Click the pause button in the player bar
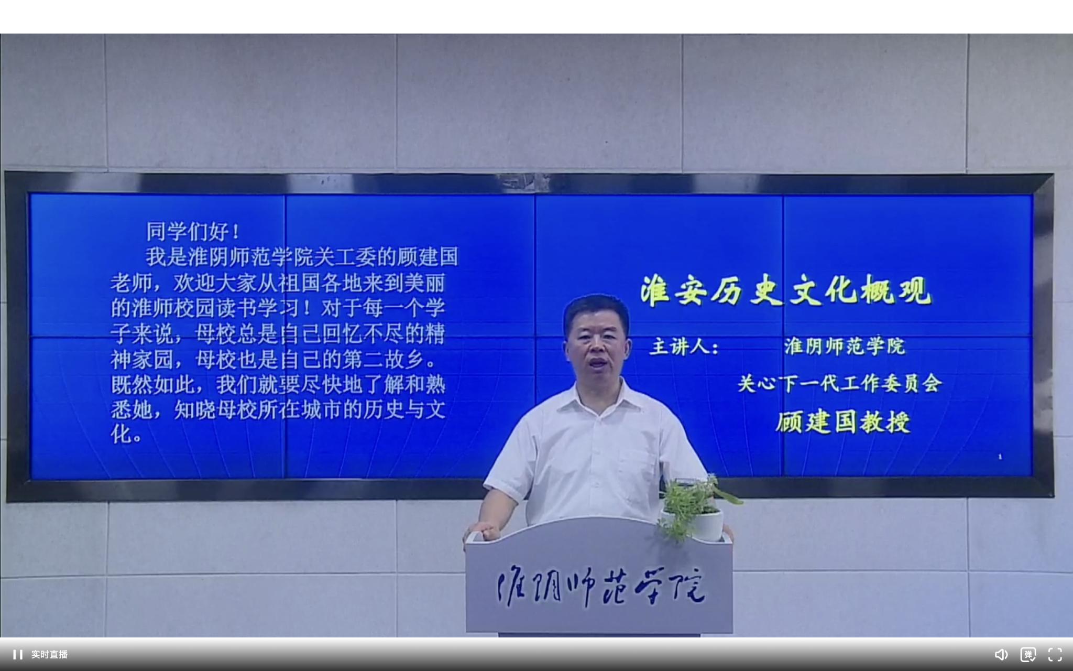(18, 654)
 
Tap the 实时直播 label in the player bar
(49, 655)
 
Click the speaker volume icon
(1001, 655)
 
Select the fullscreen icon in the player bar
(1055, 655)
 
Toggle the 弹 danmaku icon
(1028, 655)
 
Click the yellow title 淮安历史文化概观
(786, 290)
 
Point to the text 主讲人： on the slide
(684, 347)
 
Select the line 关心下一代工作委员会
(840, 383)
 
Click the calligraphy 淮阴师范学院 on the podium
(601, 587)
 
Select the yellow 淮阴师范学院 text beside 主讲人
(845, 347)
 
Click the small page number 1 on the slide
(1000, 457)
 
